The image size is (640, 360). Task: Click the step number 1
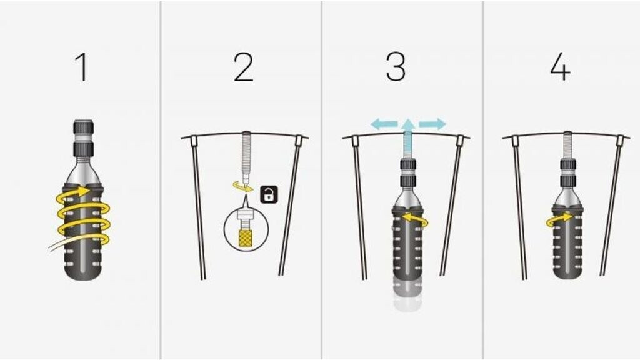click(82, 67)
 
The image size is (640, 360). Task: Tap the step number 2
click(243, 67)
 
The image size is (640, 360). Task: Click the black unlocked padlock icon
click(269, 195)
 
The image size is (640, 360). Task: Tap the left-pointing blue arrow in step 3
click(384, 124)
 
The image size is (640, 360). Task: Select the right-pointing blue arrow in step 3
click(432, 124)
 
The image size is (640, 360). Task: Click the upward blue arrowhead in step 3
click(408, 124)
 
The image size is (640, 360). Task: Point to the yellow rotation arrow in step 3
click(414, 219)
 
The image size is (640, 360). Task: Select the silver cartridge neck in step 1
click(84, 172)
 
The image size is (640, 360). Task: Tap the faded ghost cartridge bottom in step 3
click(407, 295)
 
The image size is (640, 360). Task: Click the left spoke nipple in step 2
click(194, 141)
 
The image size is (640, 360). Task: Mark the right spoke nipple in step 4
click(620, 141)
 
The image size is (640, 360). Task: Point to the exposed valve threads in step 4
click(567, 145)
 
